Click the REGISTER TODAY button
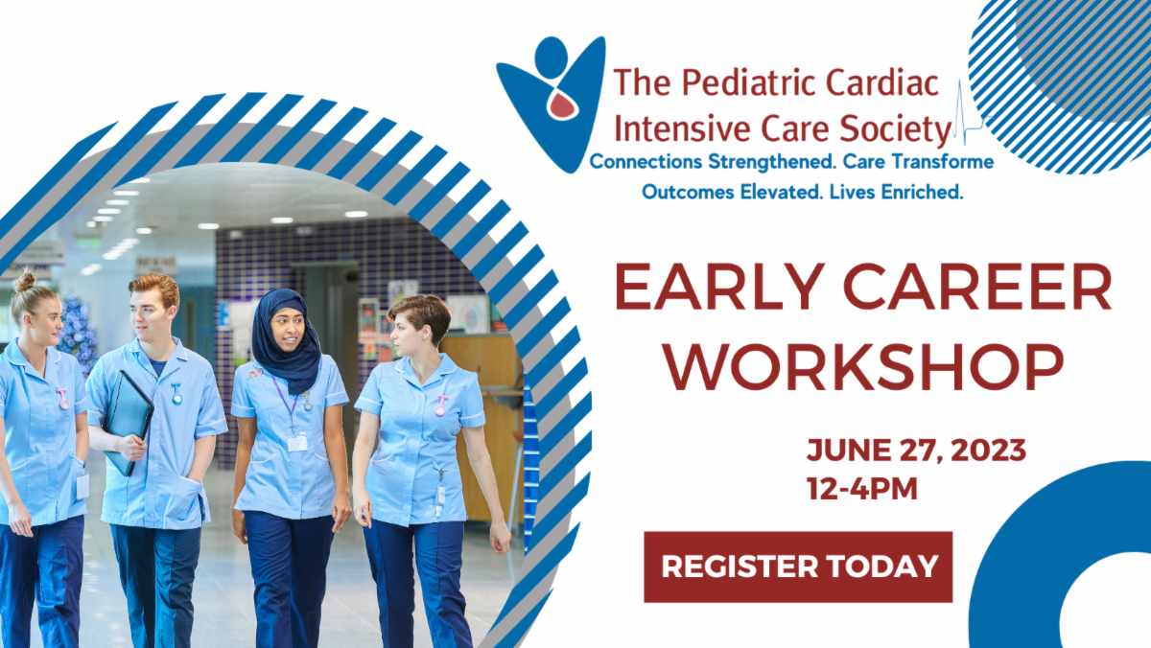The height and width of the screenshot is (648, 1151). pos(797,567)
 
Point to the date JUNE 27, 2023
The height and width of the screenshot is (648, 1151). pos(916,451)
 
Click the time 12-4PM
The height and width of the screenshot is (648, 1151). pos(862,489)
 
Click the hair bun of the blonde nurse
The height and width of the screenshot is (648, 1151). pos(24,283)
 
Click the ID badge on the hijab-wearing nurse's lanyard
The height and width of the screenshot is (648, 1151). pos(297,442)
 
